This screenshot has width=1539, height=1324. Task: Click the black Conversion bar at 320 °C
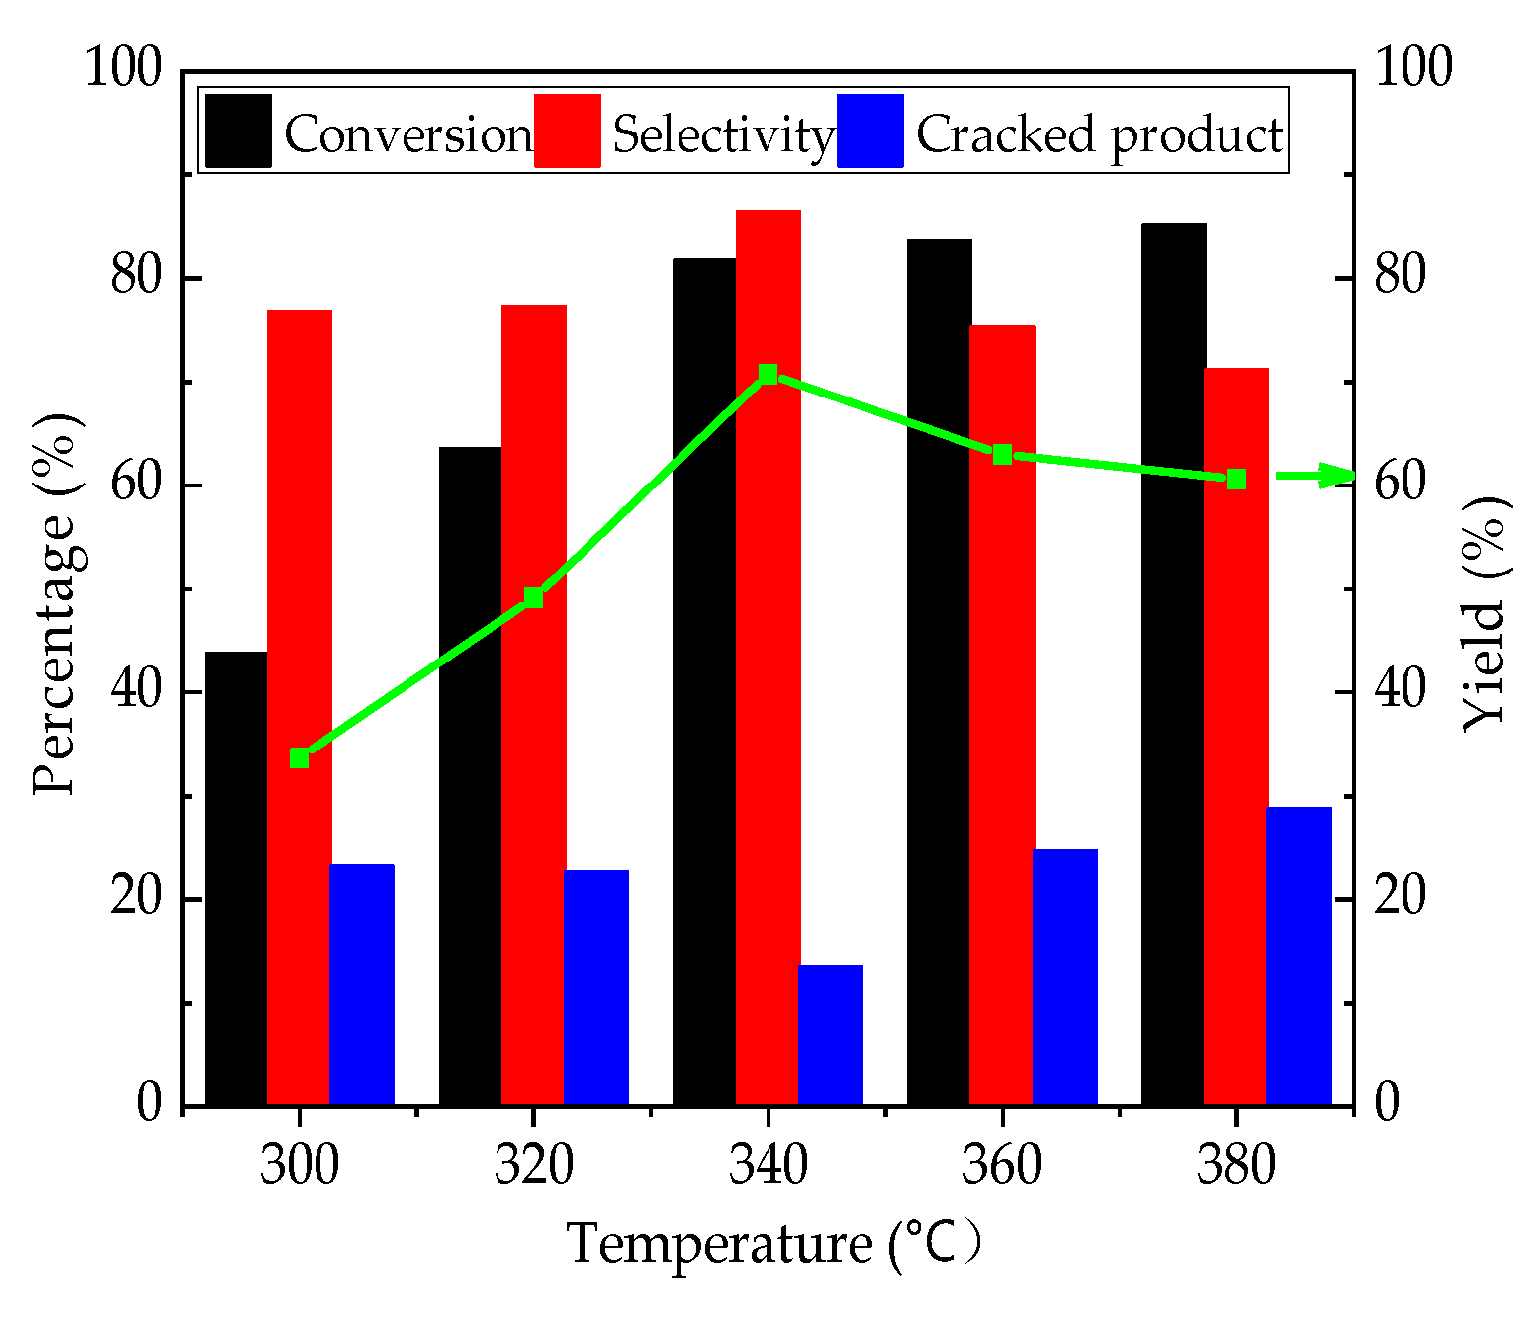(470, 776)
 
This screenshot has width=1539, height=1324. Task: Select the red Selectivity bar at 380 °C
(1235, 736)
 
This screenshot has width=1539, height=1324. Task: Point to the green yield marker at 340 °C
(768, 374)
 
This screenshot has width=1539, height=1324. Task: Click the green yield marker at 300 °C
(299, 758)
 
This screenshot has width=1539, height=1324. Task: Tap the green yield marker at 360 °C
(1002, 455)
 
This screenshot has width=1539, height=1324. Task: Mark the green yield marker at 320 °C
(533, 597)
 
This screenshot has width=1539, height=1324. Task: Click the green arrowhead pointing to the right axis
(1340, 476)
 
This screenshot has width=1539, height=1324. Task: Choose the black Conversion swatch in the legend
(238, 132)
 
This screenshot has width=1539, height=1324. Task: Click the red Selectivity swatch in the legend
(568, 132)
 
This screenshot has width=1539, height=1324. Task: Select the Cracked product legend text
(1099, 134)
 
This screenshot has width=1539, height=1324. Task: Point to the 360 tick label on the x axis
(1002, 1164)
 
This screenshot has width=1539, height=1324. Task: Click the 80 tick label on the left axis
(136, 278)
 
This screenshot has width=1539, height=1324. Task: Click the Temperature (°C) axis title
(774, 1243)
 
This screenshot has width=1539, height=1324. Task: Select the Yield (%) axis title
(1486, 613)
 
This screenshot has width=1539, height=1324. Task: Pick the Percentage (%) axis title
(54, 603)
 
